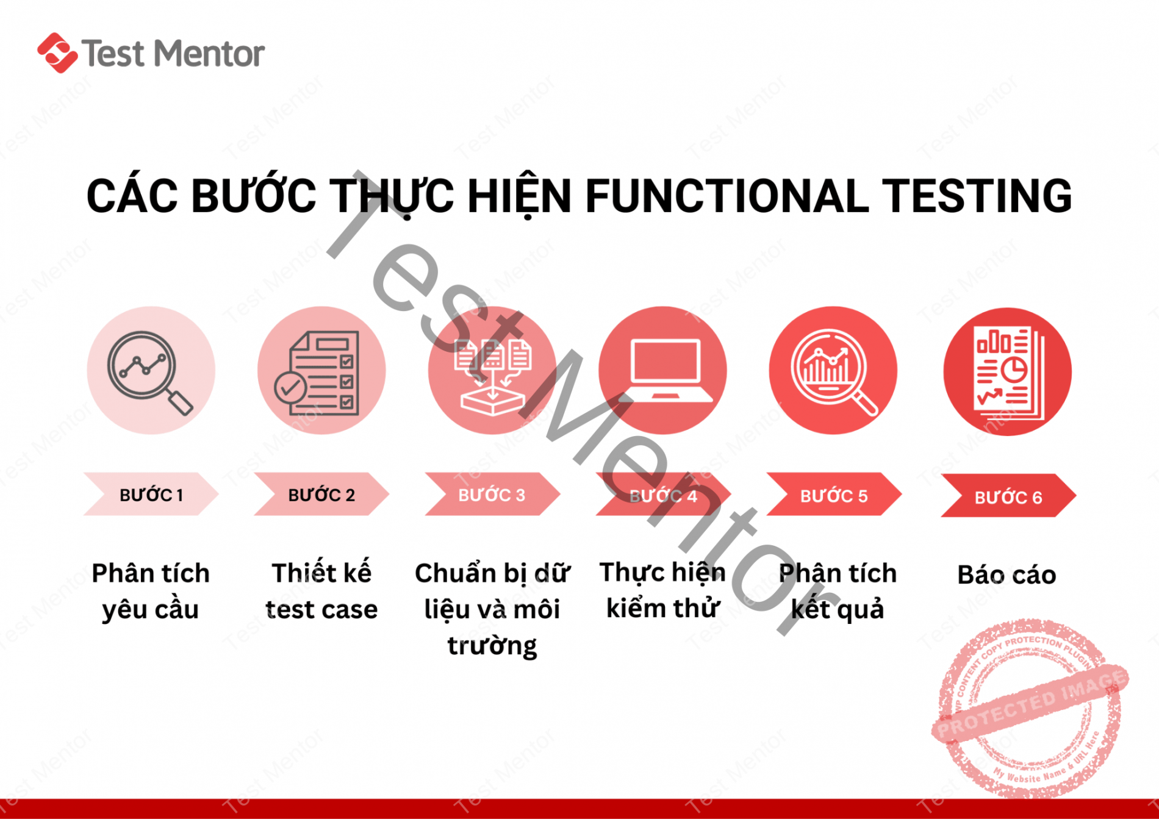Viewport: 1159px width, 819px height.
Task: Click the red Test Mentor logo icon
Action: pyautogui.click(x=57, y=53)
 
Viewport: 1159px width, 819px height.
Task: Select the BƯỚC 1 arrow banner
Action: pyautogui.click(x=151, y=495)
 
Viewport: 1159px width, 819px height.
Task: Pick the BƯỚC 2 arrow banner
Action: pyautogui.click(x=321, y=495)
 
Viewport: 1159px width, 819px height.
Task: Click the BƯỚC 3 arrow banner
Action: pyautogui.click(x=492, y=495)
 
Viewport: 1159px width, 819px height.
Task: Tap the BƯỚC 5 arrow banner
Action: pyautogui.click(x=833, y=495)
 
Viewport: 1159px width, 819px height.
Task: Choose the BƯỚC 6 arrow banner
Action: pyautogui.click(x=1008, y=497)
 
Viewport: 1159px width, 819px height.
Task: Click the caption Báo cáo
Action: pyautogui.click(x=1006, y=574)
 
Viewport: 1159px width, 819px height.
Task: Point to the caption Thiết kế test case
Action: pyautogui.click(x=321, y=591)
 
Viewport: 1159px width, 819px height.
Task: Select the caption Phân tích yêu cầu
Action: pyautogui.click(x=151, y=591)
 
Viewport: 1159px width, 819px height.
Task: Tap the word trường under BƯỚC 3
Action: pyautogui.click(x=492, y=645)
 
